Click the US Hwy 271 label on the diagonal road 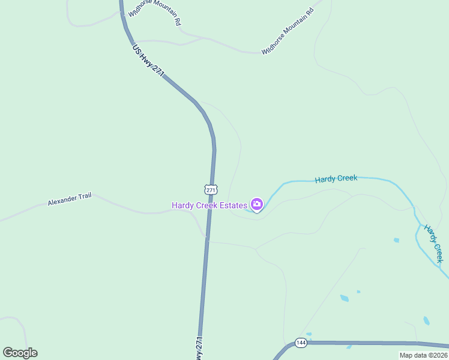click(x=148, y=61)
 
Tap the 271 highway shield click(x=210, y=190)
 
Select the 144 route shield click(x=301, y=343)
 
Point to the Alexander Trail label click(x=70, y=199)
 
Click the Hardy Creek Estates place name click(x=209, y=205)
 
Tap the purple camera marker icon click(x=256, y=205)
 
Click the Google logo click(x=20, y=353)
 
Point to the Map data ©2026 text click(x=423, y=355)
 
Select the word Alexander click(x=62, y=200)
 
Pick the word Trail click(x=85, y=196)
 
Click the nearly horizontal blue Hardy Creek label click(x=336, y=178)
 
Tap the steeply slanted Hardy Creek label click(x=433, y=244)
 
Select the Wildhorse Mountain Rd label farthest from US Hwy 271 click(x=288, y=31)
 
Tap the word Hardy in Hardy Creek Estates click(x=182, y=205)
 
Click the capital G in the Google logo click(x=8, y=353)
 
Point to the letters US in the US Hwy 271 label click(x=136, y=49)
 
